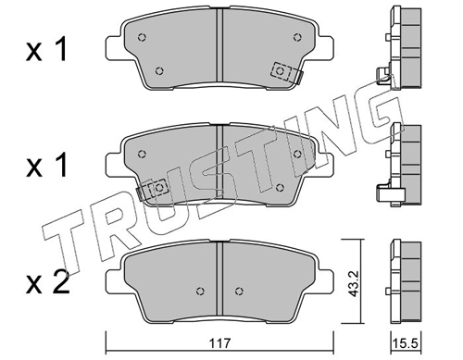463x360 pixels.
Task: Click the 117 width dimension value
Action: pos(219,343)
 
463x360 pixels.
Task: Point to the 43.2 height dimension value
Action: pos(354,283)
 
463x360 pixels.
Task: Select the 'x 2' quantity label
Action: pos(48,284)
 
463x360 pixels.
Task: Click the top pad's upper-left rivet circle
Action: pos(142,37)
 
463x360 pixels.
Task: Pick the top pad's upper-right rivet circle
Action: pos(297,37)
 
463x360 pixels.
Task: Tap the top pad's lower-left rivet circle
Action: pos(159,71)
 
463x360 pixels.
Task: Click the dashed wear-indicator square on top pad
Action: pos(281,71)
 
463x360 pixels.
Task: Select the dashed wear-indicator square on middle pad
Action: pos(158,188)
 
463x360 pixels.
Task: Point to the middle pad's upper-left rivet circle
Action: pos(142,154)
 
